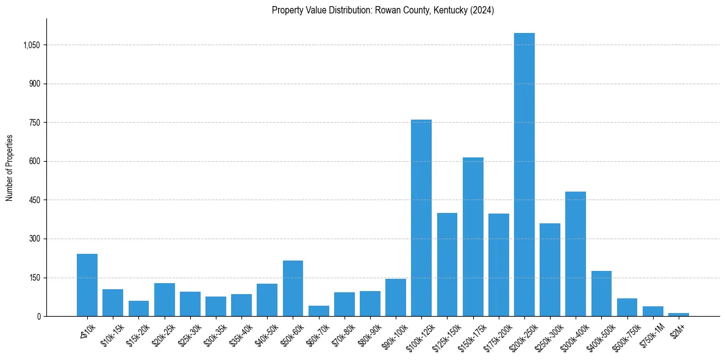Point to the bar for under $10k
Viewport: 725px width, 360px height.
[87, 285]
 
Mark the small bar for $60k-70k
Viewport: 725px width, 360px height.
[318, 311]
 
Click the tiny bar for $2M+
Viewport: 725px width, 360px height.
[678, 314]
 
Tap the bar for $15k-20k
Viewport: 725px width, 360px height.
[138, 309]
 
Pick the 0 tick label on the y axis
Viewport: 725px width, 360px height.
[39, 317]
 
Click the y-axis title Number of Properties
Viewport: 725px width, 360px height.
[9, 168]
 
